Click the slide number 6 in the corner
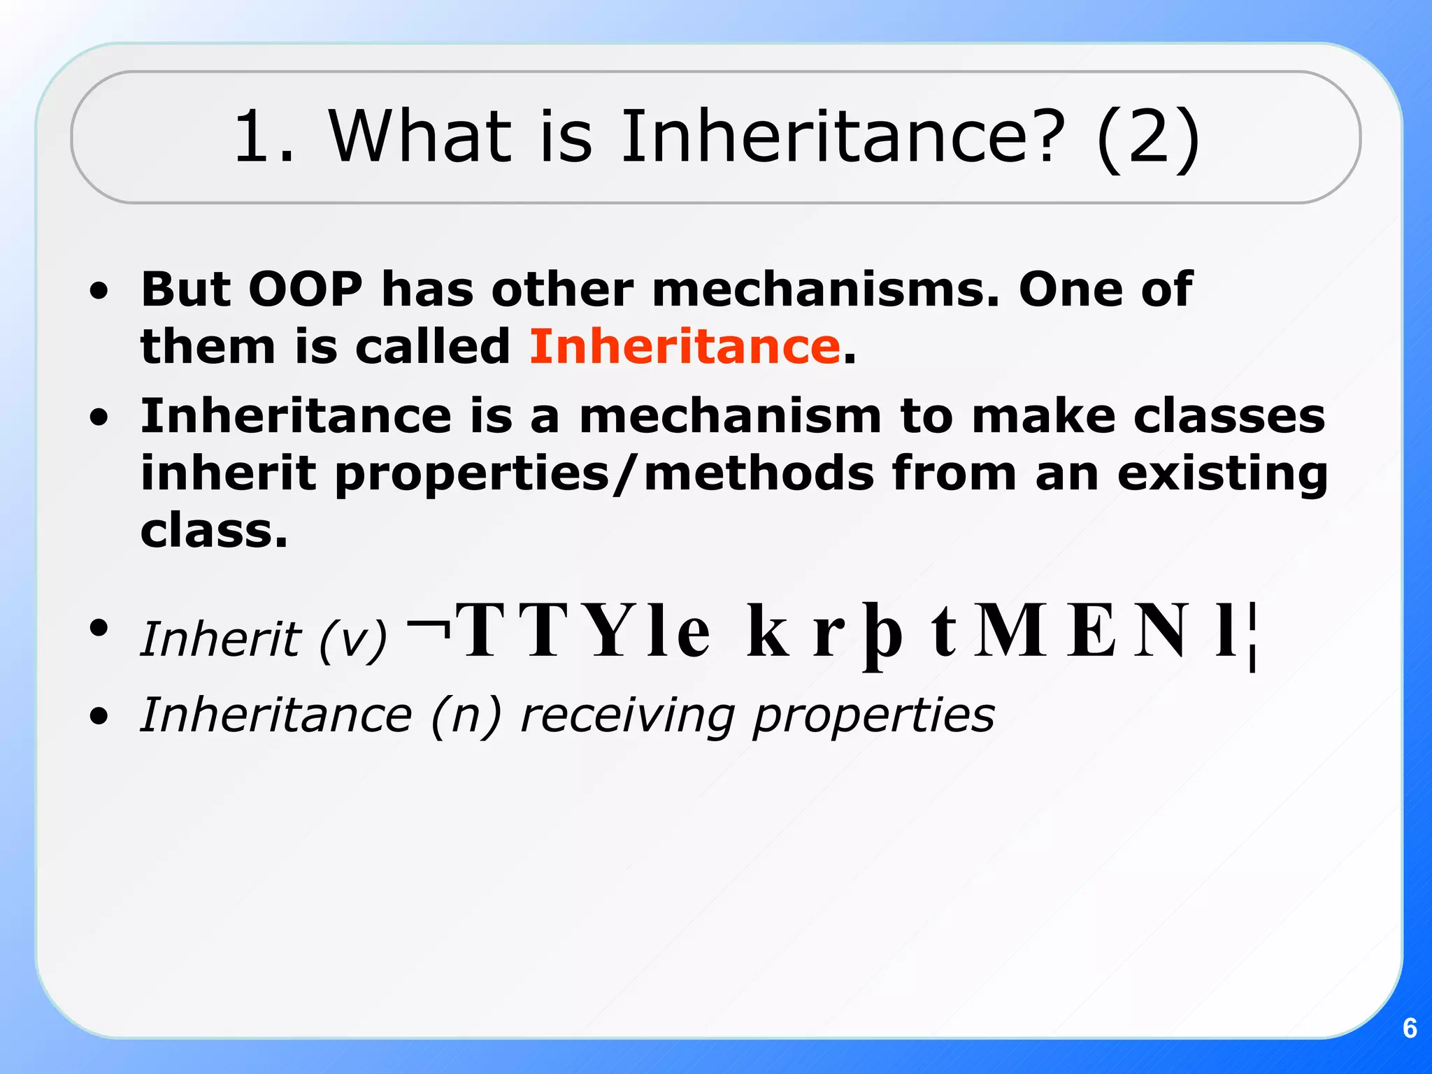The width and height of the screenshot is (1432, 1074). click(1410, 1029)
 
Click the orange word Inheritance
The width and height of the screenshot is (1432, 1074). click(685, 347)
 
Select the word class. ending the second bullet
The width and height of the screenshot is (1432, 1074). click(214, 531)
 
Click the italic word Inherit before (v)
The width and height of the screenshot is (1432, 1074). click(220, 639)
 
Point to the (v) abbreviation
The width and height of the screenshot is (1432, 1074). click(352, 639)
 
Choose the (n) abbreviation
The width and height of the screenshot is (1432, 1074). click(466, 715)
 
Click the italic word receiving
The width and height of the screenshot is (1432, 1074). click(628, 715)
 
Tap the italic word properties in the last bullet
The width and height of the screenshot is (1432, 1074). click(873, 717)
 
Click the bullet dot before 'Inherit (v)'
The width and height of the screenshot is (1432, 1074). click(99, 627)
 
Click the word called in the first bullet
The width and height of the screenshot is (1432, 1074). click(433, 347)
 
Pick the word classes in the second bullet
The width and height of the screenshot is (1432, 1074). click(1229, 417)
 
